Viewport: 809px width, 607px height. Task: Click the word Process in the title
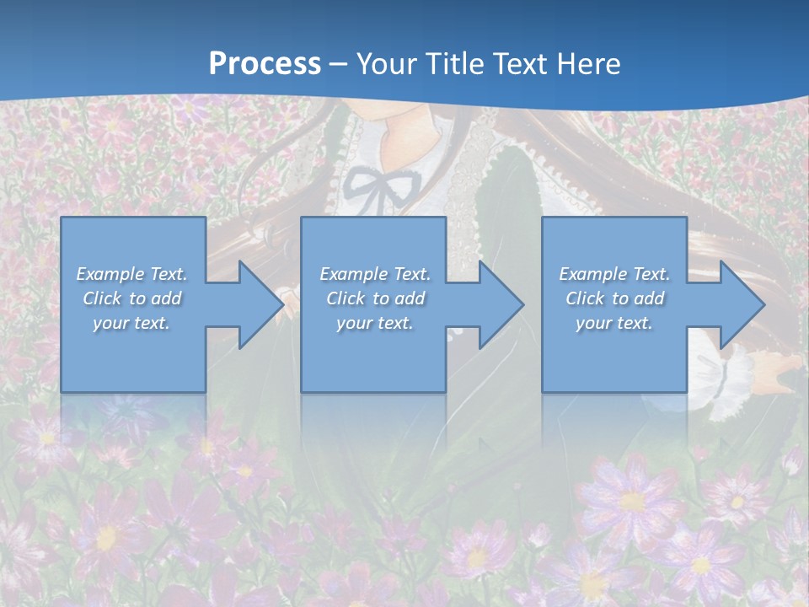tap(265, 63)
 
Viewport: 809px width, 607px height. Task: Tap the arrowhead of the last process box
tap(741, 304)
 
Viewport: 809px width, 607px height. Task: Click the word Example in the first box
tap(110, 274)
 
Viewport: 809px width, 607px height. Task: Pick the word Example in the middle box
tap(353, 274)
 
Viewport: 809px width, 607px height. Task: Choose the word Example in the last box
tap(592, 274)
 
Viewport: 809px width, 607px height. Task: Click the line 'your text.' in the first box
tap(131, 323)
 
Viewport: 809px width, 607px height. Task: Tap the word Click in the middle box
tap(346, 298)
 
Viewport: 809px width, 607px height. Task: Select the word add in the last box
tap(650, 298)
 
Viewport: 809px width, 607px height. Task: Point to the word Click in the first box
tap(102, 298)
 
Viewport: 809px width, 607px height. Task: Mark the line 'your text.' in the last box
tap(614, 323)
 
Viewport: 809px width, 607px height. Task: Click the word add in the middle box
tap(410, 298)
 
